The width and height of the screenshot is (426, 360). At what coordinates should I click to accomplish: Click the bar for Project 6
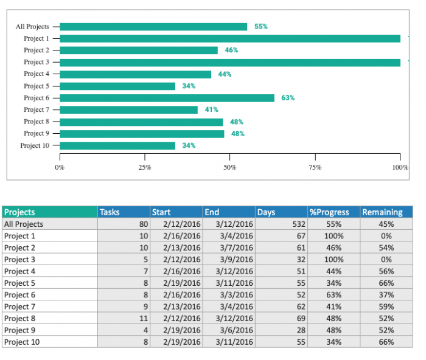[167, 98]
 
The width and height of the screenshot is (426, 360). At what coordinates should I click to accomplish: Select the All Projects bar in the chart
[153, 27]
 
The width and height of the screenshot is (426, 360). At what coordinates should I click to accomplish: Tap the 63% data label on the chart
[288, 98]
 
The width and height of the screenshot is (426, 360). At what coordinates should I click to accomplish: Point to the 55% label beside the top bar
[260, 27]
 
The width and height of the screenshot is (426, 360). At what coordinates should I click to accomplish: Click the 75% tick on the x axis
[315, 167]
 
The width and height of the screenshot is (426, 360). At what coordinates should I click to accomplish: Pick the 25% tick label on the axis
[145, 167]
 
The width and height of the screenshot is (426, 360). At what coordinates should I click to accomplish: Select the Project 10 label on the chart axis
[35, 146]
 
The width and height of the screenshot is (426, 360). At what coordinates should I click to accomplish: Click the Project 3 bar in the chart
[230, 62]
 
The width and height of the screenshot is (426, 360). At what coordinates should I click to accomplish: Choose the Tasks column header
[124, 212]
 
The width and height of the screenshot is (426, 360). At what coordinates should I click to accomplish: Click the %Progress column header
[333, 212]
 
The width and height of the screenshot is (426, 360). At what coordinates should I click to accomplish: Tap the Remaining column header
[386, 212]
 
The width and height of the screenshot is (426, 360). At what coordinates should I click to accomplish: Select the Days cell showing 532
[282, 224]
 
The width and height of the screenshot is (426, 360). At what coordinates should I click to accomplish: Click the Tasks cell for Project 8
[124, 319]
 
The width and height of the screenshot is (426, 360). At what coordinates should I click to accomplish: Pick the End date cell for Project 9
[229, 330]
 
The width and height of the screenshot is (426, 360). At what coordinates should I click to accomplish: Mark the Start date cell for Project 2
[176, 247]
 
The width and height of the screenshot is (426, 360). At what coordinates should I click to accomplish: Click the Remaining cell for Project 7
[386, 306]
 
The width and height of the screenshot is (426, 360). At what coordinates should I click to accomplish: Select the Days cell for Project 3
[282, 259]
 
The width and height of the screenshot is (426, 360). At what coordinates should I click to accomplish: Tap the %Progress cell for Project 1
[333, 236]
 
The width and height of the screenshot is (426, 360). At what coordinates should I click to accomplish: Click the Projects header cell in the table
[49, 212]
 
